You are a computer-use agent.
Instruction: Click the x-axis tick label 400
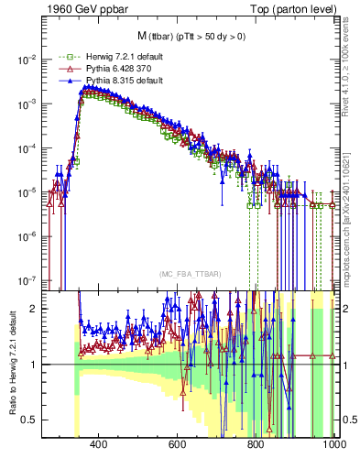99,446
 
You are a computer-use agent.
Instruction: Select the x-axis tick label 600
178,446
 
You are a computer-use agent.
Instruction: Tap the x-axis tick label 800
256,446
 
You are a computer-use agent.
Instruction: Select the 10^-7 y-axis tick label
27,280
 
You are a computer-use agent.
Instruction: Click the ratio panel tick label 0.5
29,420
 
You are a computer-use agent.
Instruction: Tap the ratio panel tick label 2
35,309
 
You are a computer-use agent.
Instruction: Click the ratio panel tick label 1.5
29,335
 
